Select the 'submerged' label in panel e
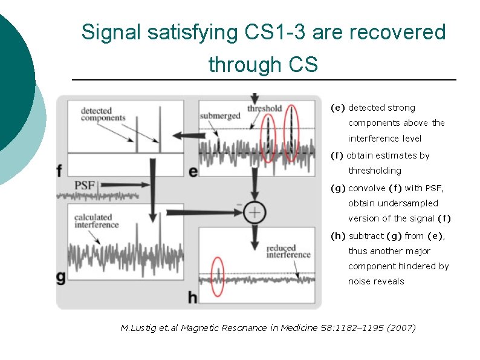point(220,116)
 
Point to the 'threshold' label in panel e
point(264,108)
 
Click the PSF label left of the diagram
point(85,185)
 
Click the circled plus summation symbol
point(255,211)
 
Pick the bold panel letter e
point(193,172)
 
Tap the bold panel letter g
point(61,278)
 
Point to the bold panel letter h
point(193,296)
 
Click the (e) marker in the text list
point(338,108)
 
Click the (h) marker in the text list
point(338,236)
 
